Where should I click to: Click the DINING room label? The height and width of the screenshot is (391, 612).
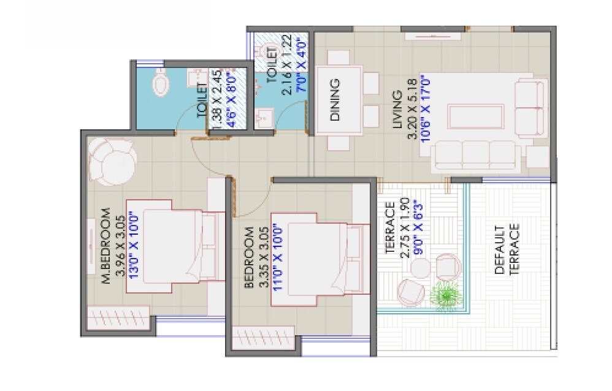point(335,101)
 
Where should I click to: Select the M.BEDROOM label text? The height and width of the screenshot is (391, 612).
point(105,246)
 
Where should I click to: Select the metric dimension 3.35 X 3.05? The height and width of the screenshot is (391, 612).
point(262,256)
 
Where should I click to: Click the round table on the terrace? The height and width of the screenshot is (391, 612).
point(421,268)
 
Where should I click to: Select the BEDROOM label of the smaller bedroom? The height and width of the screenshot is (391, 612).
point(249,257)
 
